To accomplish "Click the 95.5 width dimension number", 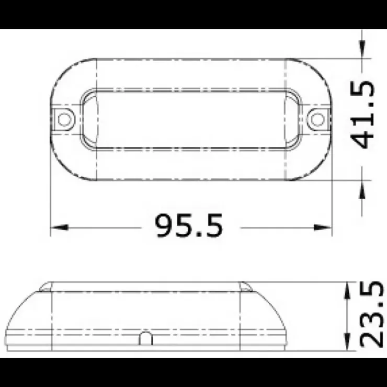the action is pos(189,226).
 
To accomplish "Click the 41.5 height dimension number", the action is pos(363,115).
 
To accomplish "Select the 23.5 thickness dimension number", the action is pos(371,314).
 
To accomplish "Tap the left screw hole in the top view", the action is pos(64,119).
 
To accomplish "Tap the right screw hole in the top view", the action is pos(317,119).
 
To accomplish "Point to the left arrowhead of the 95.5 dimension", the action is pos(59,227).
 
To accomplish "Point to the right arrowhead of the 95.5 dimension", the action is pos(323,227).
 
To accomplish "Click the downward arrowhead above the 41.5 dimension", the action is pos(362,50).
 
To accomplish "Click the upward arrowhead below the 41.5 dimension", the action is pos(362,190).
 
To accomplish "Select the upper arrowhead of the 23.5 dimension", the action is pos(347,291).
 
